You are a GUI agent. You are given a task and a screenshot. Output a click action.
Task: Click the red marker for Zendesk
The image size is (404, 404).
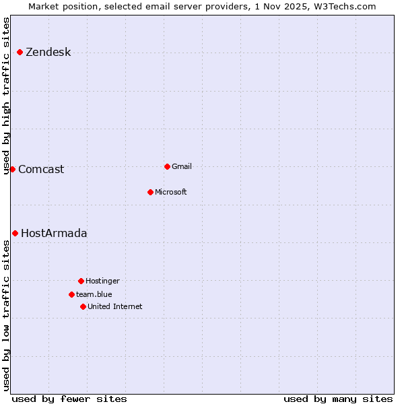20,52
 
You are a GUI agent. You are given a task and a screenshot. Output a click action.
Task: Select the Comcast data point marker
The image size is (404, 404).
12,169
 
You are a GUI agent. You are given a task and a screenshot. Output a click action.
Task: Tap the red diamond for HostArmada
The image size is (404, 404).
15,233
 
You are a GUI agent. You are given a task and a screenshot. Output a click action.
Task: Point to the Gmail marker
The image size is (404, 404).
167,166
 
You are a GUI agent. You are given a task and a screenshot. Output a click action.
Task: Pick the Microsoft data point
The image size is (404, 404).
150,192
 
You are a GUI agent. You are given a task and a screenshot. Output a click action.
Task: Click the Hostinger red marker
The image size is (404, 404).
81,281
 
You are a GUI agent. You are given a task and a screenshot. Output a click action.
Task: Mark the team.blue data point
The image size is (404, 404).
71,294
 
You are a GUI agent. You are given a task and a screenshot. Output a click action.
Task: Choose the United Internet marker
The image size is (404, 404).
83,306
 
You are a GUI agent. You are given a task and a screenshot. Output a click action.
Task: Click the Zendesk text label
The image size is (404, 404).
48,53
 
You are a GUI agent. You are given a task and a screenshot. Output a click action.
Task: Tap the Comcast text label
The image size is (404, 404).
41,170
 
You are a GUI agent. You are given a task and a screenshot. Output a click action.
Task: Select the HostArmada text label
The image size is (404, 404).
54,234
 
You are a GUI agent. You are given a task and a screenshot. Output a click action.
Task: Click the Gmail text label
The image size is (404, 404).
182,167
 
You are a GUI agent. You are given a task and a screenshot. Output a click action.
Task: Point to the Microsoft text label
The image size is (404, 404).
171,193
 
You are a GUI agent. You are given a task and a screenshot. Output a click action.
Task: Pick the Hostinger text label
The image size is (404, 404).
102,281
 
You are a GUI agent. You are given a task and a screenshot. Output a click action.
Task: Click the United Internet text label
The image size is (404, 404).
114,307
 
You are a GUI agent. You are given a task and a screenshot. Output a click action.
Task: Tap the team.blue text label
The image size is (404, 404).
94,295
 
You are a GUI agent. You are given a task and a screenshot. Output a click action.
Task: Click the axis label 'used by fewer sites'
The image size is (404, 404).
69,399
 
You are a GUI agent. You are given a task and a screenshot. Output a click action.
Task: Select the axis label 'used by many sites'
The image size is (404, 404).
338,399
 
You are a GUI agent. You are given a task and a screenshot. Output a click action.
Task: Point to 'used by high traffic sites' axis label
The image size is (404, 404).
7,96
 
